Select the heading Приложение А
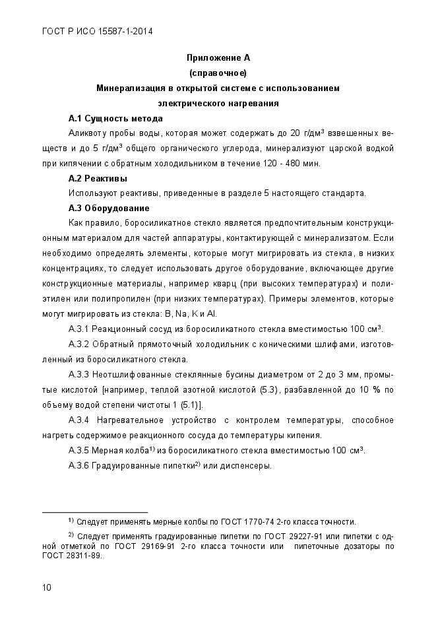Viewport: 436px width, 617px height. pos(218,58)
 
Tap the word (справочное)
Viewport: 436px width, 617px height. pos(218,72)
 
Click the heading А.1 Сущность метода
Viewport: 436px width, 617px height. pos(115,119)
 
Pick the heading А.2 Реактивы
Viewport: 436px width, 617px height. pos(98,179)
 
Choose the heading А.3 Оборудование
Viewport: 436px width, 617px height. pos(109,209)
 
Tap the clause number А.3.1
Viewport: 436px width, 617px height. pos(79,329)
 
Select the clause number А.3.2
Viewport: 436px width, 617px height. pos(79,344)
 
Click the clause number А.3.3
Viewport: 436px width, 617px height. pos(79,374)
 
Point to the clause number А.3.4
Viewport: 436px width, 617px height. pos(79,420)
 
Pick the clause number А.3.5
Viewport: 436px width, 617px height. pos(79,451)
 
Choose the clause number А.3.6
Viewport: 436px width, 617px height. pos(79,466)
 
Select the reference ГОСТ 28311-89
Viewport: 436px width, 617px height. pos(72,556)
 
